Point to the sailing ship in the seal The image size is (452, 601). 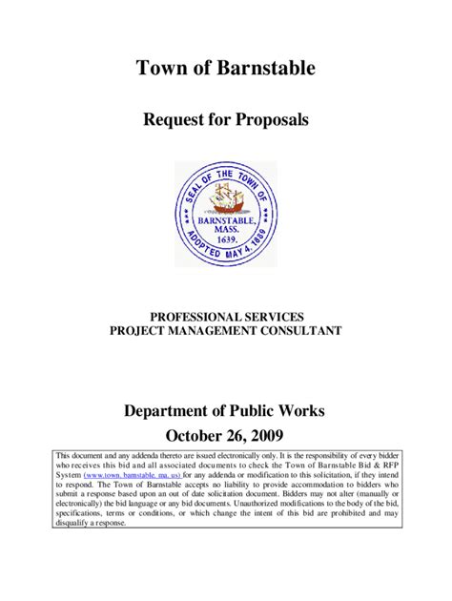pyautogui.click(x=225, y=197)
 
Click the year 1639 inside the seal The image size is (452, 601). pyautogui.click(x=226, y=241)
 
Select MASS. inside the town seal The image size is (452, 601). pyautogui.click(x=226, y=231)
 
